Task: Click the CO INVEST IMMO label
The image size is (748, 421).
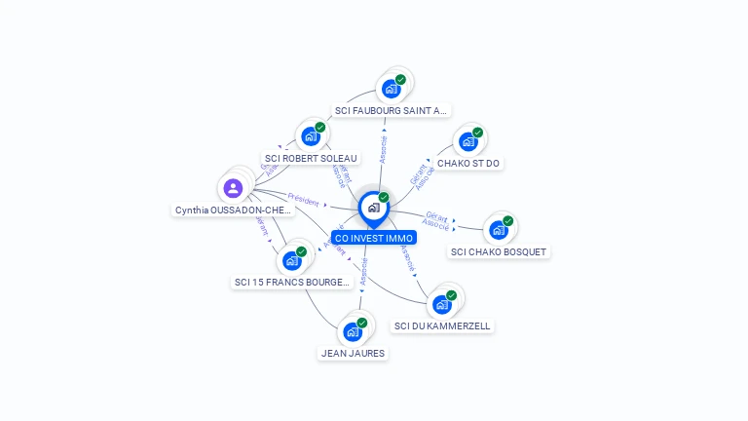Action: click(x=374, y=238)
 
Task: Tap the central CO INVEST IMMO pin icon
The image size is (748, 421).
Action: click(x=373, y=208)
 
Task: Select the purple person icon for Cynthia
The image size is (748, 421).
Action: click(x=233, y=188)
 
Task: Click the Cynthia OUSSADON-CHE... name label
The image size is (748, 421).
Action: click(x=233, y=210)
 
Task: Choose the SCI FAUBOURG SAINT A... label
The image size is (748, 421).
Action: click(x=391, y=111)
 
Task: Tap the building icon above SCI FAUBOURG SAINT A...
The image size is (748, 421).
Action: click(x=391, y=89)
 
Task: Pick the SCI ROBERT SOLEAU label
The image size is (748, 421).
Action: click(x=311, y=158)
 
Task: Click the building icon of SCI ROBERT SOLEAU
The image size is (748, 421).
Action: click(x=310, y=136)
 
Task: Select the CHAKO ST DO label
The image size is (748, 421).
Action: click(x=469, y=164)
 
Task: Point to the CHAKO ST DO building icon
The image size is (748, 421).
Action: click(x=468, y=142)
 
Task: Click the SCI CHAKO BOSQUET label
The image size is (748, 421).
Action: click(x=500, y=252)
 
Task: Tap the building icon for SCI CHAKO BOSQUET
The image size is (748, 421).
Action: click(x=499, y=230)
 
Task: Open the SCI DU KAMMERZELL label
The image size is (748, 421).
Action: click(x=442, y=326)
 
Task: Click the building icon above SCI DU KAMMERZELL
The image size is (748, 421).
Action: click(x=442, y=304)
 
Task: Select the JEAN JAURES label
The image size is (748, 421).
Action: click(x=353, y=354)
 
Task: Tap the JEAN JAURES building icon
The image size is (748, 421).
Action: click(x=353, y=331)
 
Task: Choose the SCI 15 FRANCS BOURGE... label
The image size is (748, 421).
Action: click(x=292, y=283)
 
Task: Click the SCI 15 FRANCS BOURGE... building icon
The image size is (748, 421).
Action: click(x=291, y=260)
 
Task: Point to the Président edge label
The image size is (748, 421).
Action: click(x=303, y=201)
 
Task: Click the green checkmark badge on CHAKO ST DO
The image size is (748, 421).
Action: click(x=477, y=133)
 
